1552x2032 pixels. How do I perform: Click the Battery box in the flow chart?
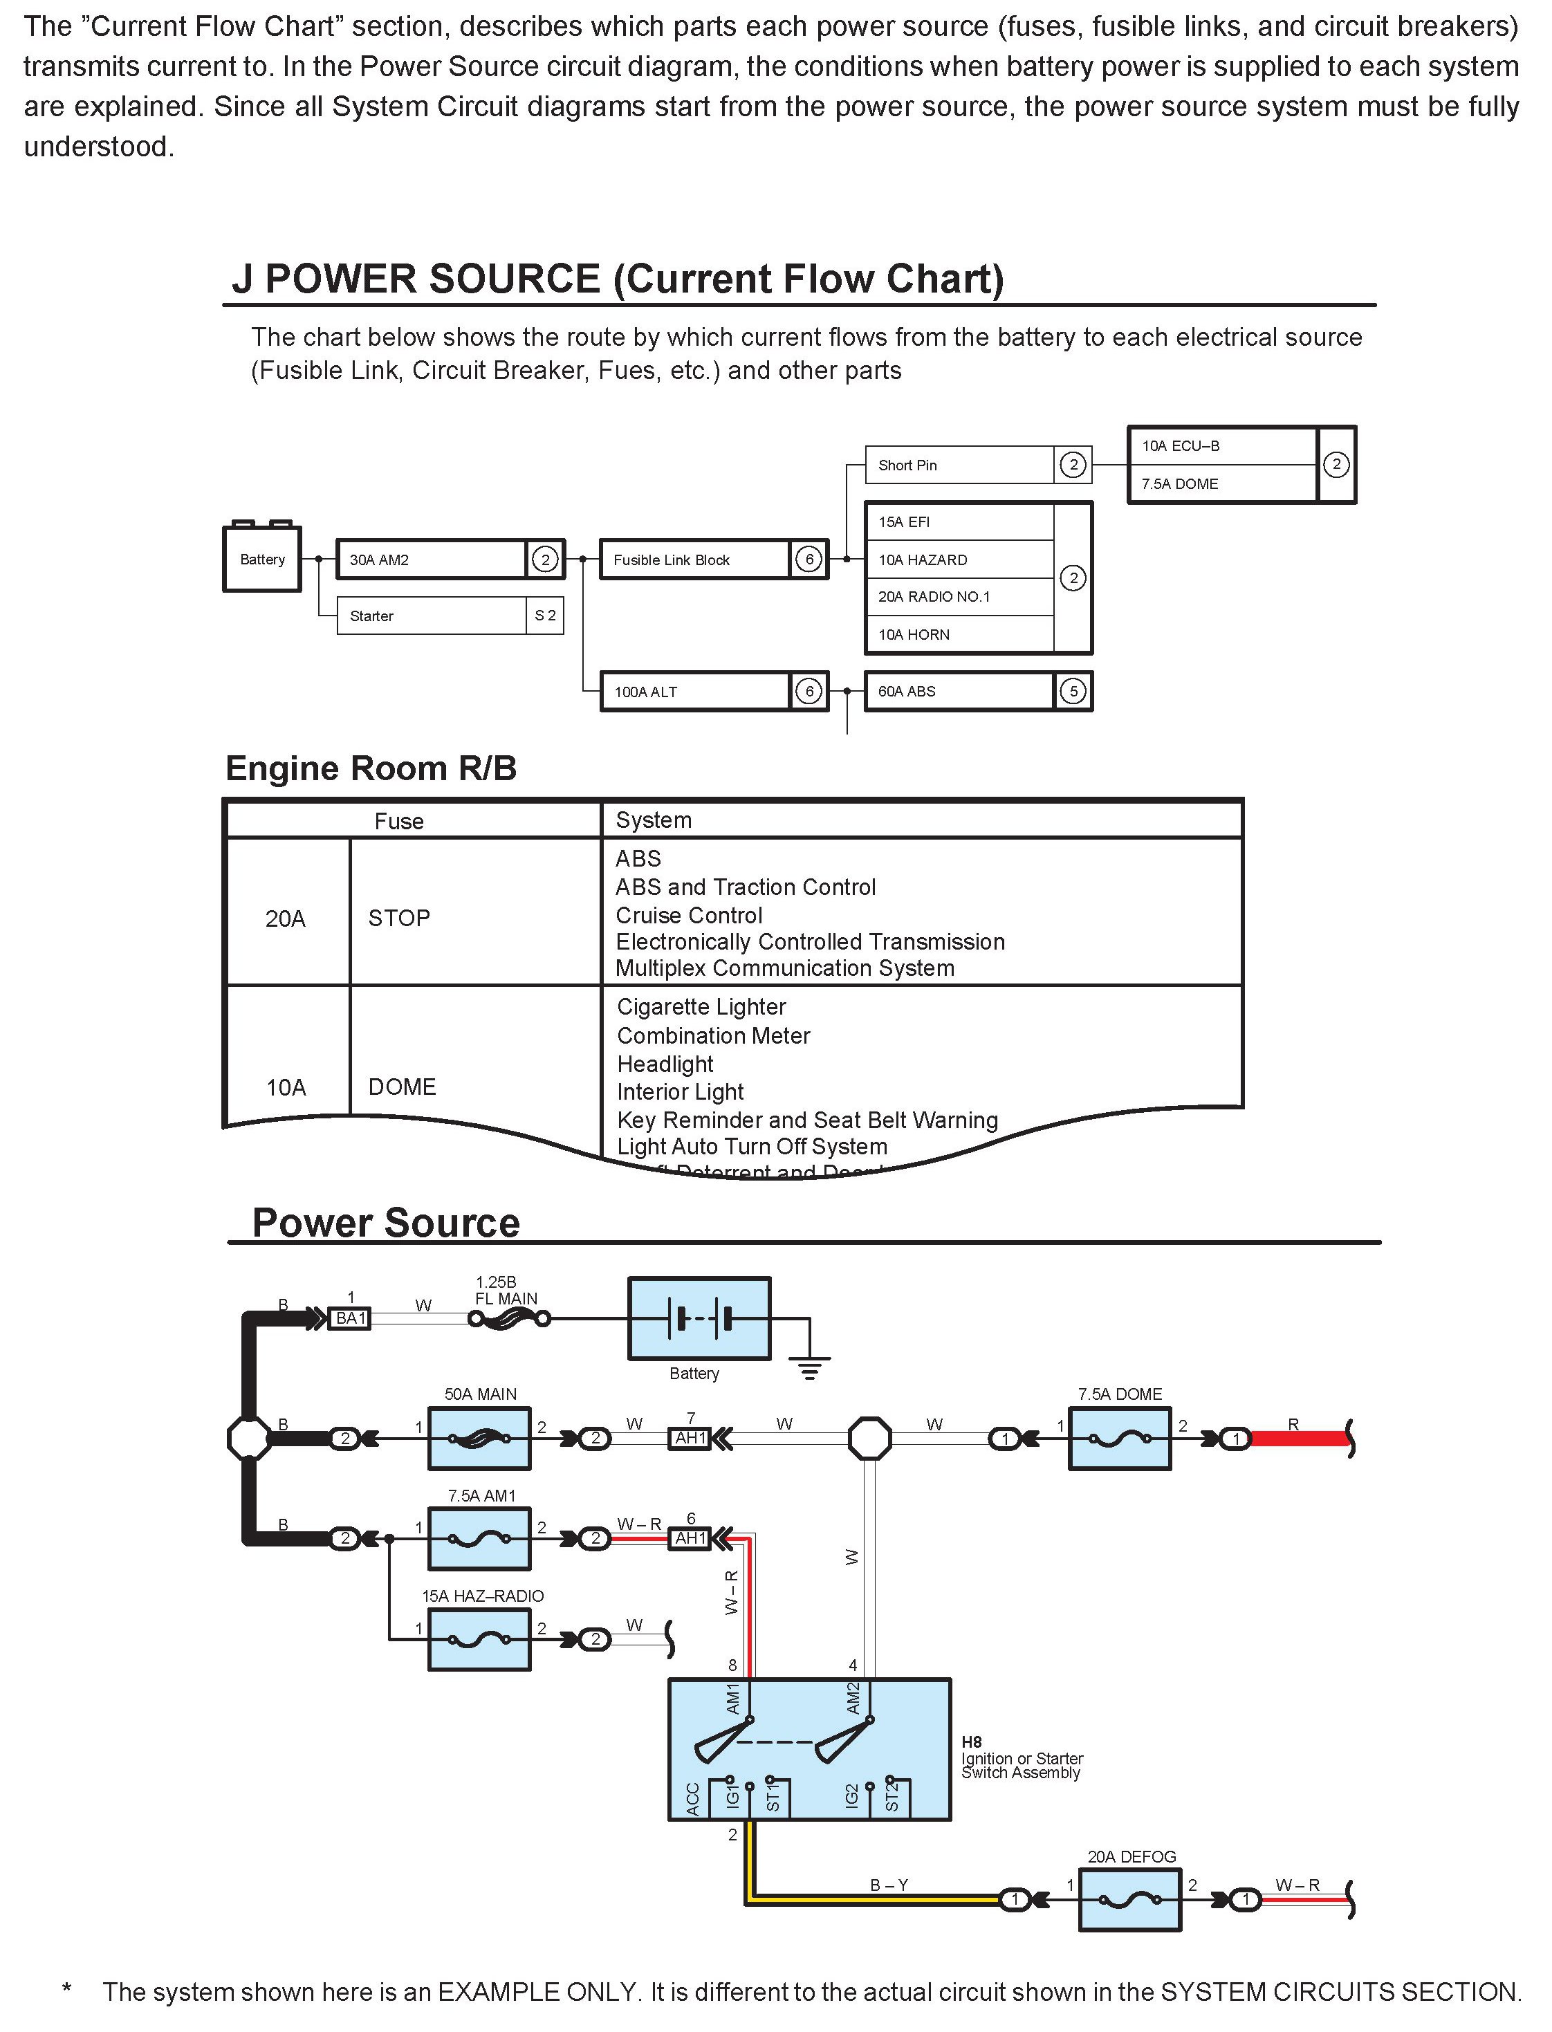coord(261,559)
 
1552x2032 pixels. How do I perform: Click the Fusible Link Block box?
coord(694,560)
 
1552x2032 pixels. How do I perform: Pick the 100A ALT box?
coord(694,691)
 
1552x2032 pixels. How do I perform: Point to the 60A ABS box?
coord(959,691)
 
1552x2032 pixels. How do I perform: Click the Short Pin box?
coord(959,465)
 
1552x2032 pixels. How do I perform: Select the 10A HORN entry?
coord(959,634)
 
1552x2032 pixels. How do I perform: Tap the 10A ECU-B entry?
coord(1221,446)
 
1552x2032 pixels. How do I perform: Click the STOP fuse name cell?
coord(399,918)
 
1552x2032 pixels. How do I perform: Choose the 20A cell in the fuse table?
coord(286,918)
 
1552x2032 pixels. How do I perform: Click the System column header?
coord(654,820)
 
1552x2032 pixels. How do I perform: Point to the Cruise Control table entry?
coord(689,915)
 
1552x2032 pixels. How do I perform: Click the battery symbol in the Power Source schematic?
coord(699,1318)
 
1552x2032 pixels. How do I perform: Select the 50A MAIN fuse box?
coord(479,1438)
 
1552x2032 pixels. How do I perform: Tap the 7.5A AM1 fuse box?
coord(479,1539)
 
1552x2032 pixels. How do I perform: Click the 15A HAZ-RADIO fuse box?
coord(479,1639)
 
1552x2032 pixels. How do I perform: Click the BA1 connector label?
coord(350,1318)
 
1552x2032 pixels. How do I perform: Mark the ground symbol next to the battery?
coord(809,1365)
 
